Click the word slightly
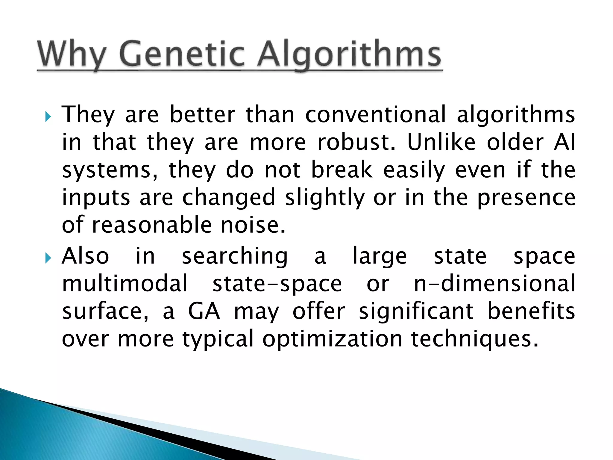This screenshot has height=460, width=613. pos(325,198)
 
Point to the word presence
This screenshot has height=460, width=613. pos(526,198)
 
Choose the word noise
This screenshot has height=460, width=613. pos(253,225)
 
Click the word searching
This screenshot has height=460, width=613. pos(235,256)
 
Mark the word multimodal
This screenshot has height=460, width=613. pos(125,283)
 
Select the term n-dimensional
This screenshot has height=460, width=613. pos(494,283)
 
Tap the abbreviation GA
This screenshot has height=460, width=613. pos(204,311)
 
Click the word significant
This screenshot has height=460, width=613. pos(416,311)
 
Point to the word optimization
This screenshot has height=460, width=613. pos(332,339)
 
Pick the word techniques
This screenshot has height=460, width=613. pos(475,339)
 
